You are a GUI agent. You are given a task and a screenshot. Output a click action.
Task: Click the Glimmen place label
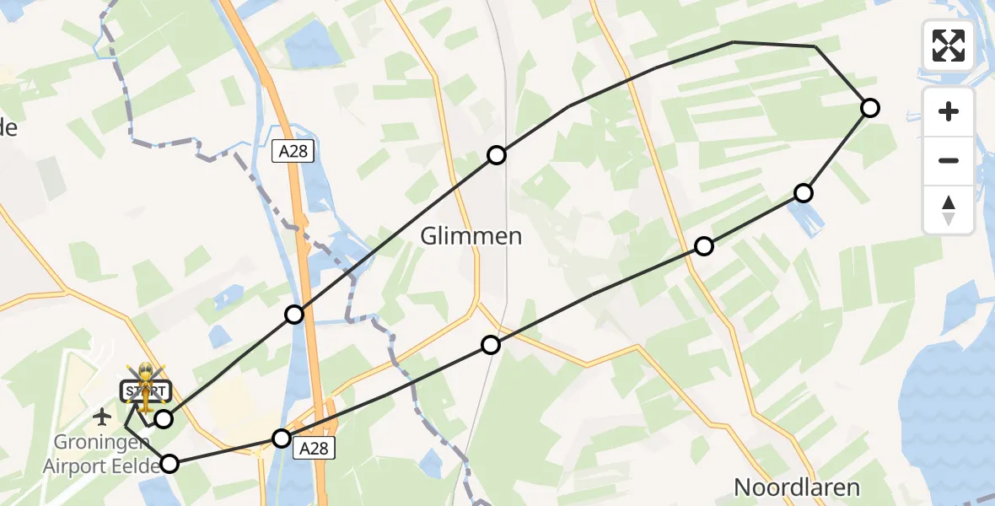pos(471,237)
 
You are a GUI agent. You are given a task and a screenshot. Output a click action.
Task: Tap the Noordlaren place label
pos(797,487)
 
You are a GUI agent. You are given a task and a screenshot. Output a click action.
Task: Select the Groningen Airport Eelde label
pos(107,455)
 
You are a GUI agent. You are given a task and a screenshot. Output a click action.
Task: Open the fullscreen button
pos(949,46)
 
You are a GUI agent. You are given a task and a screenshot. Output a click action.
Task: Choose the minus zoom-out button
pos(949,161)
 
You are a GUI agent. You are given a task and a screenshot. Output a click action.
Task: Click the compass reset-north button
pos(949,210)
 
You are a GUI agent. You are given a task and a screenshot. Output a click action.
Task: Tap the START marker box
pos(147,391)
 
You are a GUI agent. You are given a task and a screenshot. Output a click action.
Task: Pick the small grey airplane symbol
pos(103,416)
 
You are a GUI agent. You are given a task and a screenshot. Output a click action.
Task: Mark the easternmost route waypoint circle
pos(870,107)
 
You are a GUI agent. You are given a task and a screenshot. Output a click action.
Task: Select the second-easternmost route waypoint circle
pos(804,193)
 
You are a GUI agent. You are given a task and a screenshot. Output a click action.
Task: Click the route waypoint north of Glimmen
pos(497,154)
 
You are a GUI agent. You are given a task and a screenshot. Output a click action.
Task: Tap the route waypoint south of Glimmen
pos(491,344)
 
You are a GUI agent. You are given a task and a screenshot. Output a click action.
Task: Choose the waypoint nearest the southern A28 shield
pos(282,438)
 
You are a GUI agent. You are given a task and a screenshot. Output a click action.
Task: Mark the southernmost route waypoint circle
pos(169,463)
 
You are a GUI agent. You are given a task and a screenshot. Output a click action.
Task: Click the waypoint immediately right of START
pos(164,418)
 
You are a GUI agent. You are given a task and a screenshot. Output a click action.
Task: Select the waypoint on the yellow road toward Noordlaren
pos(703,246)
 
